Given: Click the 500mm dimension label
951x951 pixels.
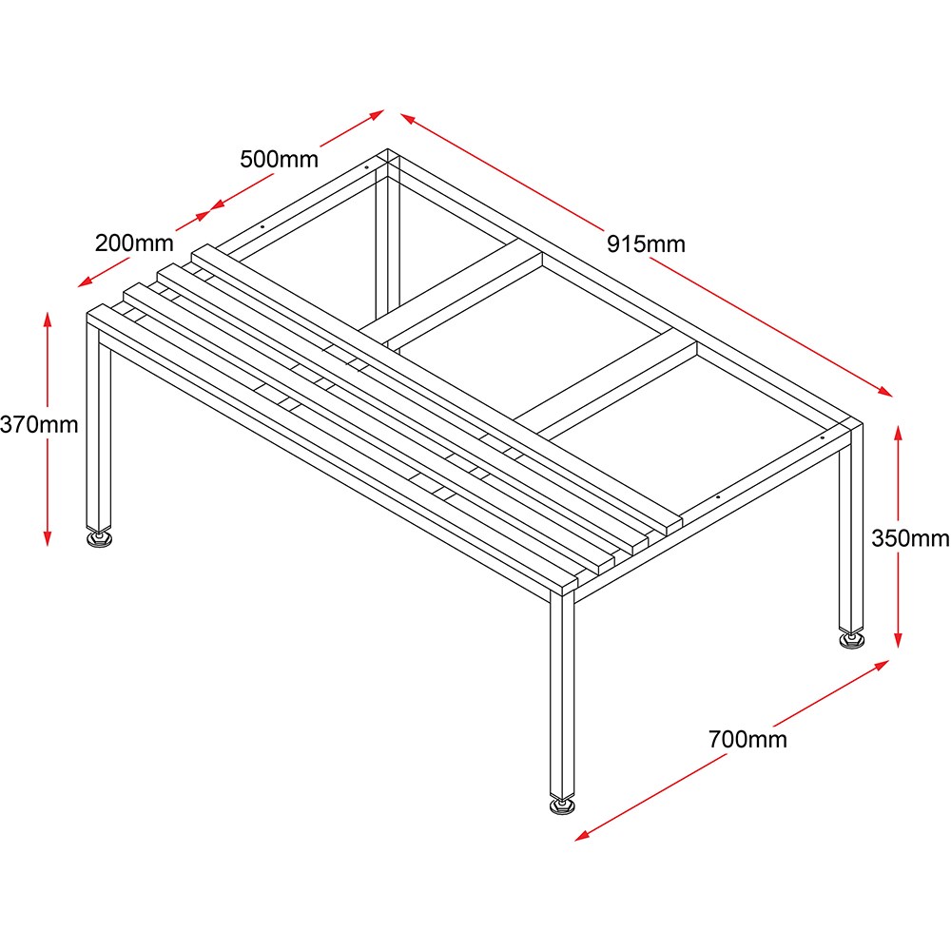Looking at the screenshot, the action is [x=279, y=160].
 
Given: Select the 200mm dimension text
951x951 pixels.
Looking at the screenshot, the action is [x=134, y=243].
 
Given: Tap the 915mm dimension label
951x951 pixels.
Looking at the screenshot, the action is [x=646, y=244].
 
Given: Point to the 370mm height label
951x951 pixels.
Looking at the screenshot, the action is [x=39, y=424].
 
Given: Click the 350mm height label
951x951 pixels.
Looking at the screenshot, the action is [x=910, y=538].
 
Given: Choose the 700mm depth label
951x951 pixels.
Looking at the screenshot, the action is [x=747, y=739].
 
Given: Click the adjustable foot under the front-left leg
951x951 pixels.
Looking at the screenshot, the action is [x=100, y=539].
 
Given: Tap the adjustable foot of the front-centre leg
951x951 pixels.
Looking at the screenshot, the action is [x=562, y=805].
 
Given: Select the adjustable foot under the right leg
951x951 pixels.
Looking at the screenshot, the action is [x=851, y=640].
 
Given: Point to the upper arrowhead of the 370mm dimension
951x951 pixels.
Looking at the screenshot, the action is [x=48, y=319].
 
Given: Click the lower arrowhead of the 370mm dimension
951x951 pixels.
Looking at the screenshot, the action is [x=48, y=538].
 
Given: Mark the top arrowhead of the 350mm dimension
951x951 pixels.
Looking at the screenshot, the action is [x=899, y=433].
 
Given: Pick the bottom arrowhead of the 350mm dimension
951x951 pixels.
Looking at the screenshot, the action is [x=899, y=640].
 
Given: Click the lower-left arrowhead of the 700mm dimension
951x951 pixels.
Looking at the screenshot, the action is [x=582, y=836].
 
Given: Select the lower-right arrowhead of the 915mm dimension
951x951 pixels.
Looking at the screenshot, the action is [x=884, y=391].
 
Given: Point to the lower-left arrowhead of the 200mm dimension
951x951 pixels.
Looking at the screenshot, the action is [x=86, y=282].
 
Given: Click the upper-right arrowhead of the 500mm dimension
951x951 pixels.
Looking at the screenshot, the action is [x=377, y=114].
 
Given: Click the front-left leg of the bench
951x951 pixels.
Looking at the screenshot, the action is [x=100, y=424].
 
